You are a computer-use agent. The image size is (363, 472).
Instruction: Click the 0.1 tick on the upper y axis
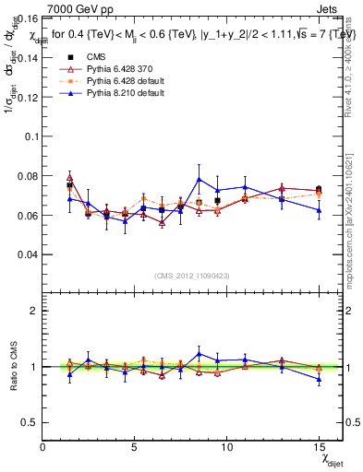coord(30,136)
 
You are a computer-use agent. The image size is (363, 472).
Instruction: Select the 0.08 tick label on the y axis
coord(27,175)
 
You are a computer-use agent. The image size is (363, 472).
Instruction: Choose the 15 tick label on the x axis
coord(318,447)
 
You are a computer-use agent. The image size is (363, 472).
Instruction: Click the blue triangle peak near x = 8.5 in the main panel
coord(199,179)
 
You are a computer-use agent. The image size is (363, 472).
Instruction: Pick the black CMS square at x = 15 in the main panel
coord(319,189)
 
